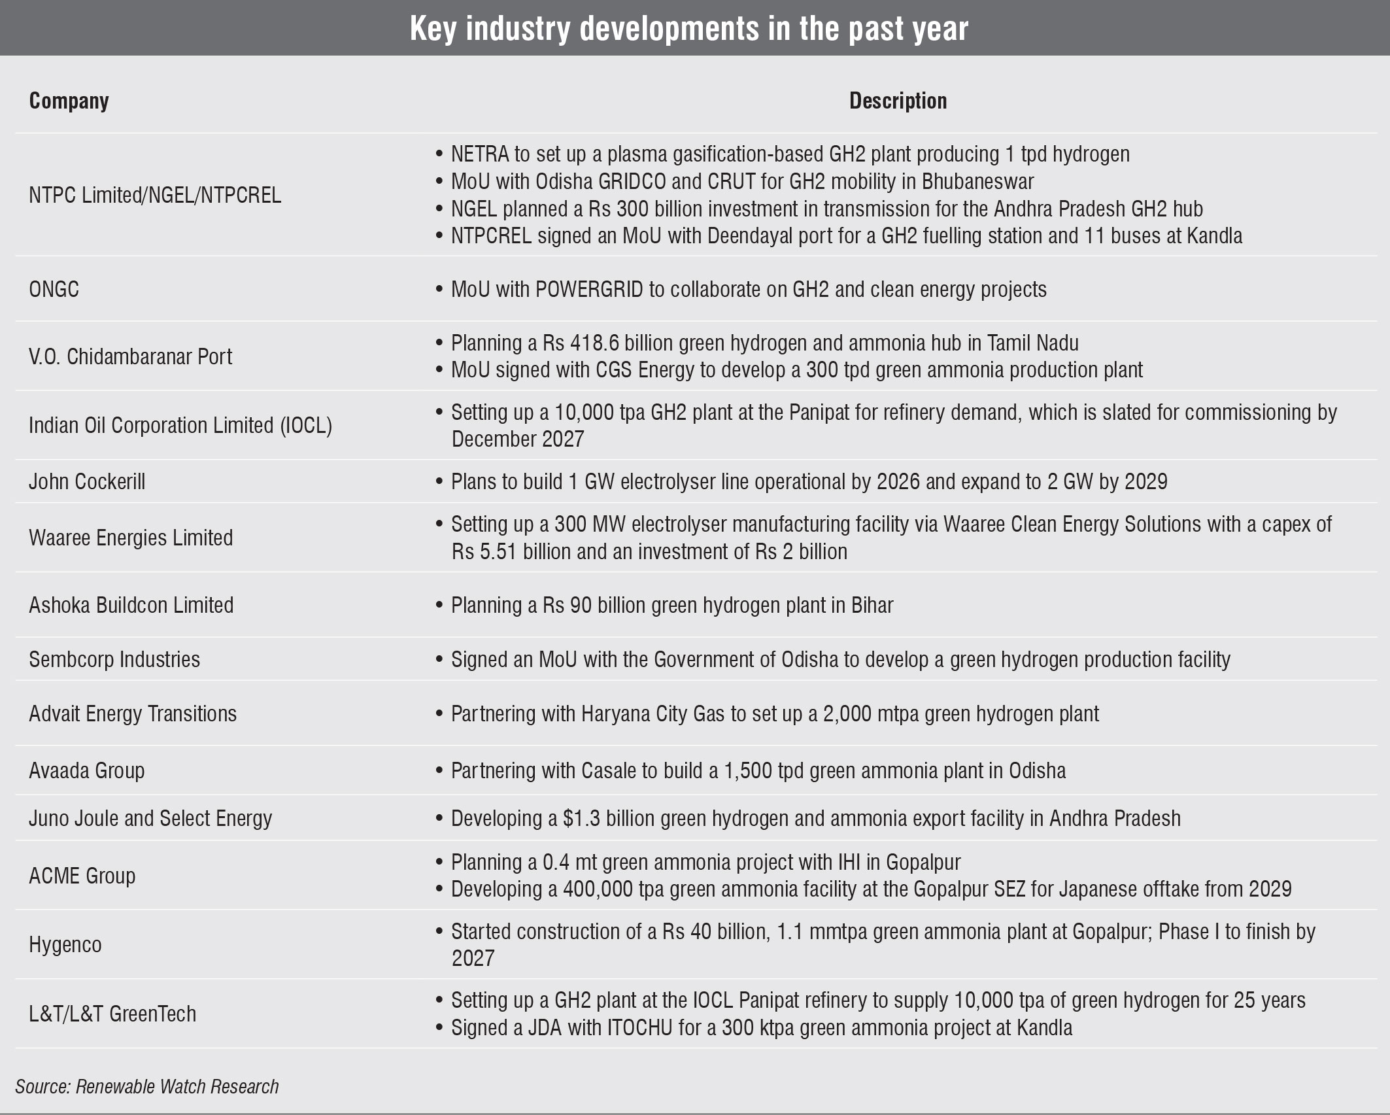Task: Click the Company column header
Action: click(x=69, y=101)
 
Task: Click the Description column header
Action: click(x=898, y=101)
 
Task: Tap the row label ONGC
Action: click(x=54, y=289)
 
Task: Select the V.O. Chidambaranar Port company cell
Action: click(x=130, y=356)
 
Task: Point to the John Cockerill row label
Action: click(x=87, y=481)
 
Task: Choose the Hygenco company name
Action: click(x=65, y=944)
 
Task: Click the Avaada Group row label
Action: click(x=86, y=770)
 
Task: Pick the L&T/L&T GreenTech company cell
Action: click(x=112, y=1014)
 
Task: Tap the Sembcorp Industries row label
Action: click(x=114, y=659)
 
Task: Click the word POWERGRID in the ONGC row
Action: click(x=589, y=289)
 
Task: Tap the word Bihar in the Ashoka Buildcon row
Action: click(x=872, y=605)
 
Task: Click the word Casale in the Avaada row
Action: click(x=608, y=770)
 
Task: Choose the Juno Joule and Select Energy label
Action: click(x=150, y=818)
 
